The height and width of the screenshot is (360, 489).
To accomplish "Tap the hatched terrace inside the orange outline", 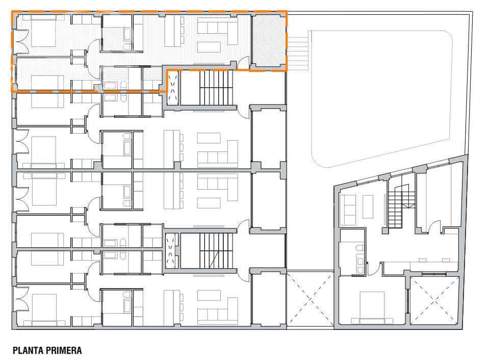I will click(268, 40).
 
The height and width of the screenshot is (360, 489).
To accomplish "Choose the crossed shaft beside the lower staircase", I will click(172, 250).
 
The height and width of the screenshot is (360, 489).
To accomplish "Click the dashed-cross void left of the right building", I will click(310, 299).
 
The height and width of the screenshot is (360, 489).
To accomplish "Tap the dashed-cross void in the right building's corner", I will click(434, 300).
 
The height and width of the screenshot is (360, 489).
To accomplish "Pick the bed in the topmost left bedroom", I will click(47, 31).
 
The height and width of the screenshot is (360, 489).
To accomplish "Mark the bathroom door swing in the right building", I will click(376, 269).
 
